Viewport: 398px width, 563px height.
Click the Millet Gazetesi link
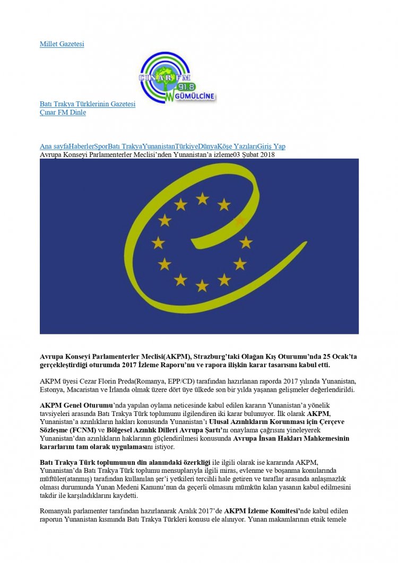click(62, 44)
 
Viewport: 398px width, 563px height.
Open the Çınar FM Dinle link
click(63, 112)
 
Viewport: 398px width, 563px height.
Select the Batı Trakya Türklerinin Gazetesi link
click(88, 104)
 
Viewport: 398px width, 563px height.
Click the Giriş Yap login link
click(272, 146)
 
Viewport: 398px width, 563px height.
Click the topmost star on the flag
click(202, 198)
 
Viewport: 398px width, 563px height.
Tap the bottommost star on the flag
click(202, 285)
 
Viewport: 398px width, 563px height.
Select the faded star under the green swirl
click(240, 220)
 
